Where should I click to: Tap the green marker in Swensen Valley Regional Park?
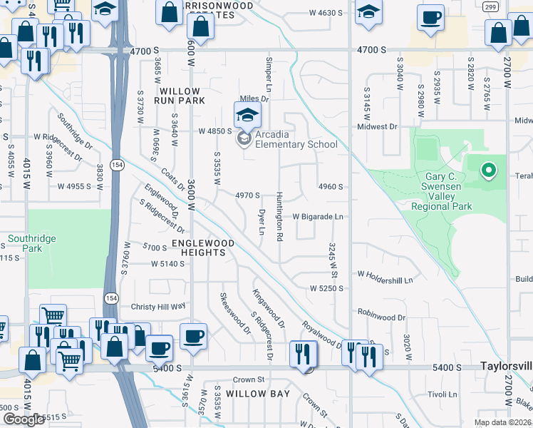488,170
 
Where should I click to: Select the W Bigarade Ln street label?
319,216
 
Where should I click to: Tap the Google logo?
23,419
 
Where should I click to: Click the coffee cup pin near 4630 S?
431,17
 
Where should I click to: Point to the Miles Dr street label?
254,98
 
